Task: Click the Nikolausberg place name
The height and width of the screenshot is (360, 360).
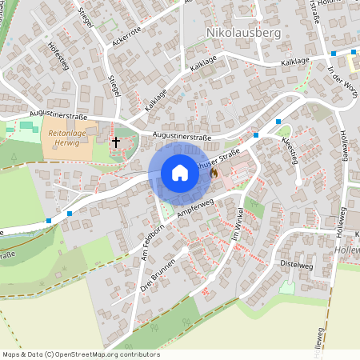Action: pyautogui.click(x=244, y=32)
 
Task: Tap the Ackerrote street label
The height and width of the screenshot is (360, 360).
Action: pyautogui.click(x=126, y=35)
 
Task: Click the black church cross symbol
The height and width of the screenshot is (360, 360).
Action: pyautogui.click(x=116, y=143)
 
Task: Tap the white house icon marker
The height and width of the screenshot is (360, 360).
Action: pyautogui.click(x=179, y=173)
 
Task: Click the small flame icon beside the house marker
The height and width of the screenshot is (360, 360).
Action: pyautogui.click(x=214, y=173)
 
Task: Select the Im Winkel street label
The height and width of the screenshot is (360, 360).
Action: pyautogui.click(x=238, y=226)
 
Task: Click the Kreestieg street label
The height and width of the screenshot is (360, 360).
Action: pyautogui.click(x=290, y=150)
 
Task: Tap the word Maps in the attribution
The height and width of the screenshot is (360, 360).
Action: pyautogui.click(x=10, y=354)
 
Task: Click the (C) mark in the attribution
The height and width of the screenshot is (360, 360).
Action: pyautogui.click(x=50, y=354)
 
